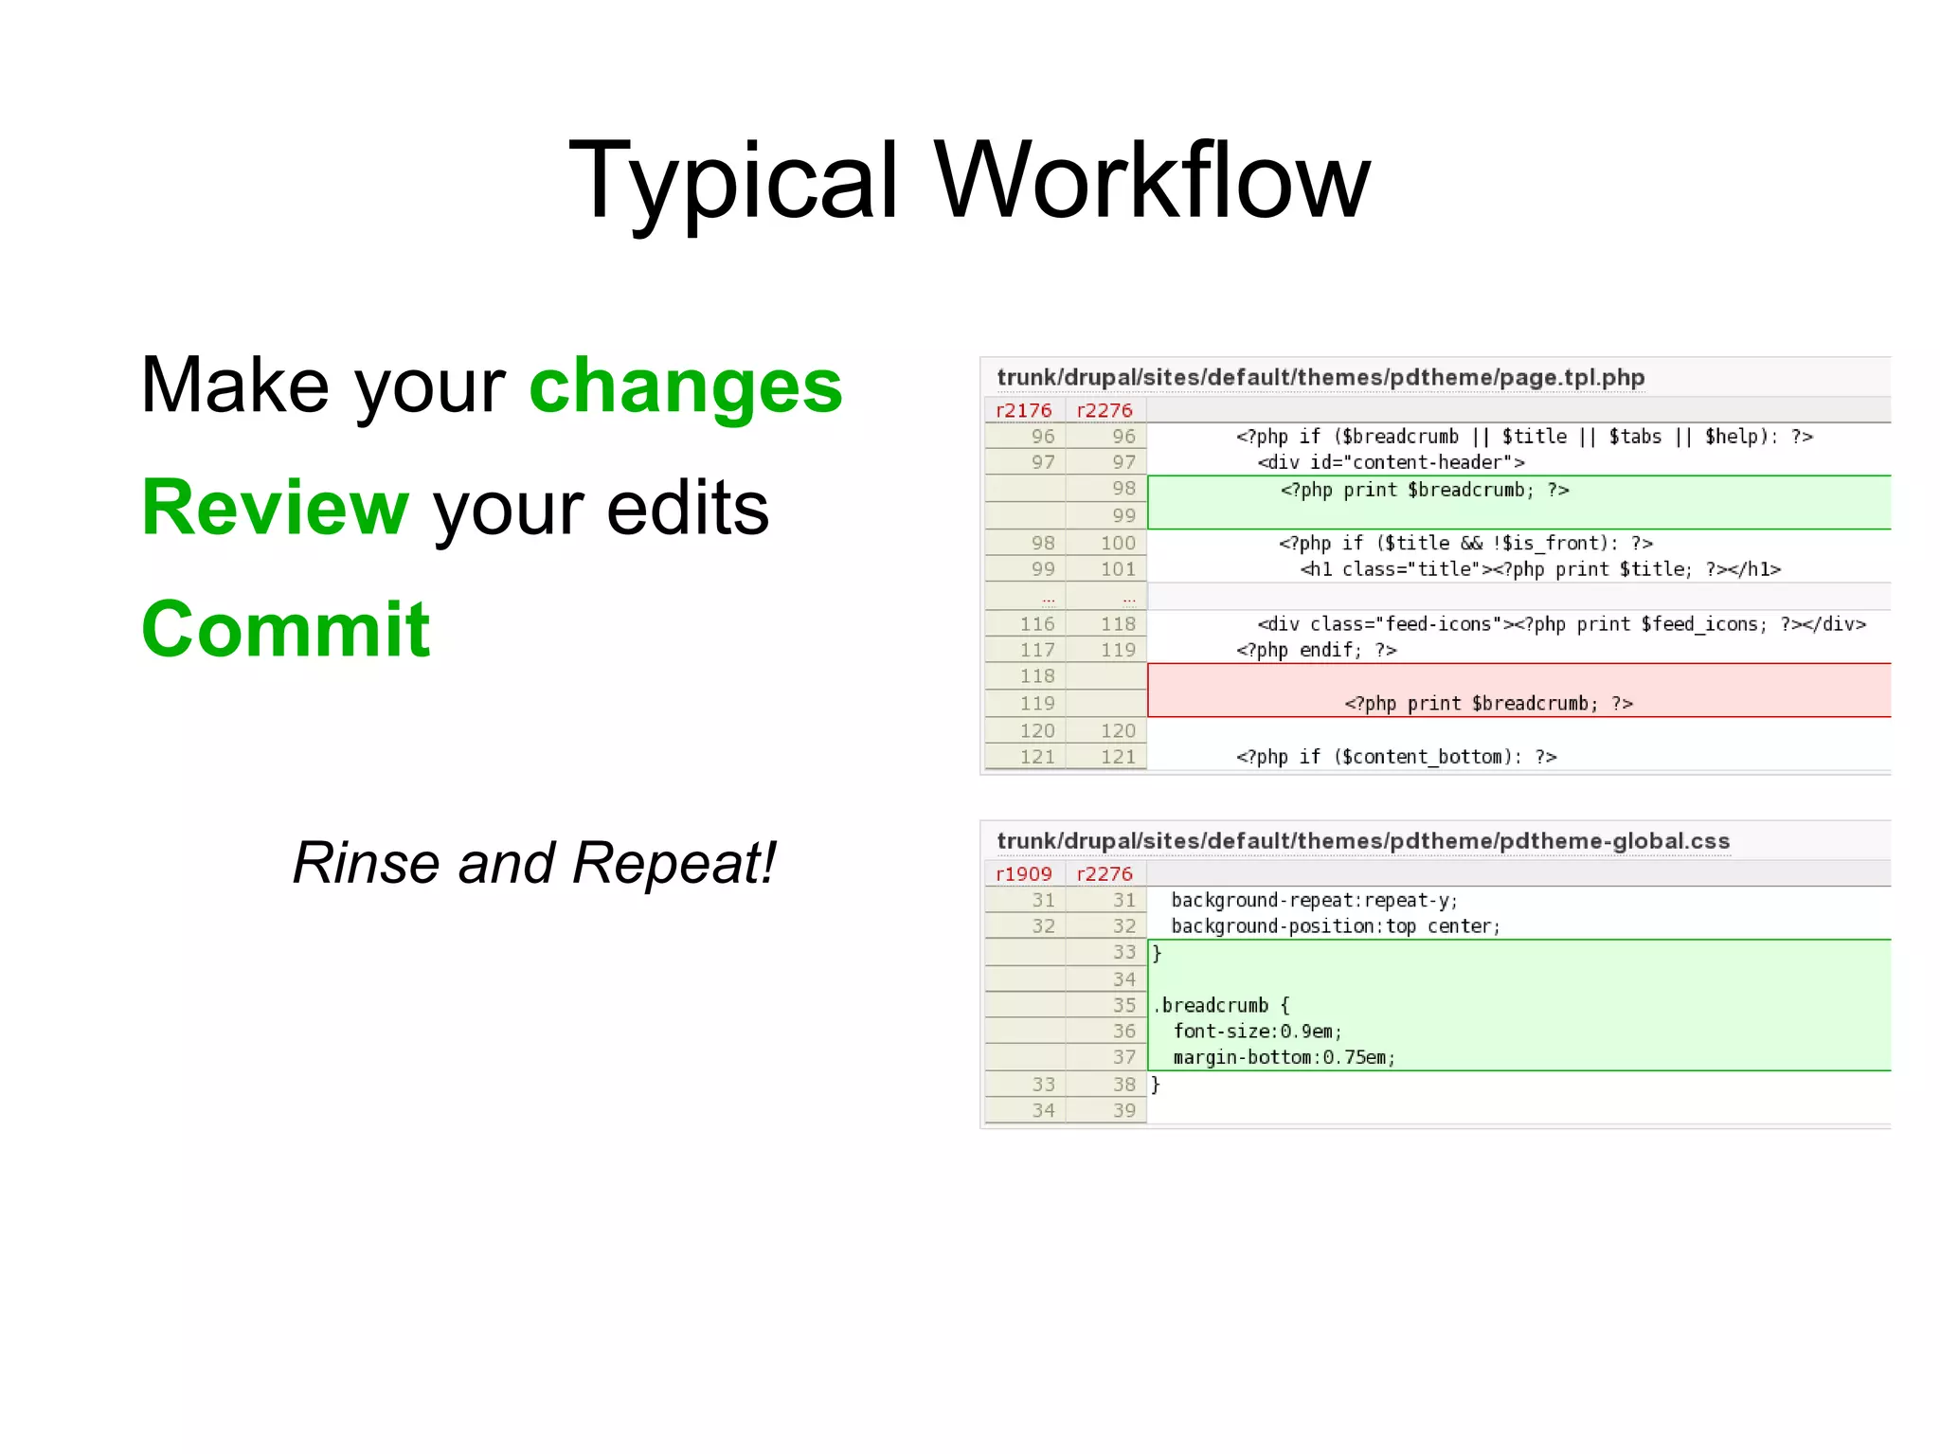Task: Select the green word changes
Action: click(685, 386)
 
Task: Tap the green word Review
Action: click(275, 508)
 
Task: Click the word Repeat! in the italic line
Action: click(674, 863)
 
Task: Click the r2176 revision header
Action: click(1023, 410)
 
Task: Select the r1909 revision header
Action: click(1023, 873)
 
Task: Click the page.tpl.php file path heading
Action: click(1320, 377)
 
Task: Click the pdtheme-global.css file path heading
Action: click(1362, 840)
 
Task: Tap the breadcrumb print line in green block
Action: click(1424, 490)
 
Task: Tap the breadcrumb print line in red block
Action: click(1487, 703)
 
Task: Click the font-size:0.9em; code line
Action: click(1257, 1031)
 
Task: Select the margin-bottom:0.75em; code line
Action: click(1284, 1057)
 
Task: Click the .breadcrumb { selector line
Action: click(1221, 1005)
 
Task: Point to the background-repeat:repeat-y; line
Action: click(1314, 900)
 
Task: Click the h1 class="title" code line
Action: click(1539, 569)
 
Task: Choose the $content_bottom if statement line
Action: click(1395, 757)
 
